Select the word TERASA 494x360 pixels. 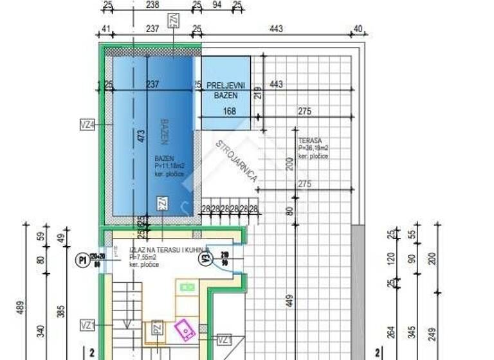(310, 140)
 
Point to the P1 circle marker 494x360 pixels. (82, 260)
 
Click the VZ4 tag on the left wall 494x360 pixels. (87, 126)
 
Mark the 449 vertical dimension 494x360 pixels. (289, 300)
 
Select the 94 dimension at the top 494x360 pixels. (217, 6)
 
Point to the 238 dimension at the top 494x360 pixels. (152, 6)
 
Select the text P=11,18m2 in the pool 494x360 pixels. (169, 166)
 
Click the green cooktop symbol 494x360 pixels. (187, 286)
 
